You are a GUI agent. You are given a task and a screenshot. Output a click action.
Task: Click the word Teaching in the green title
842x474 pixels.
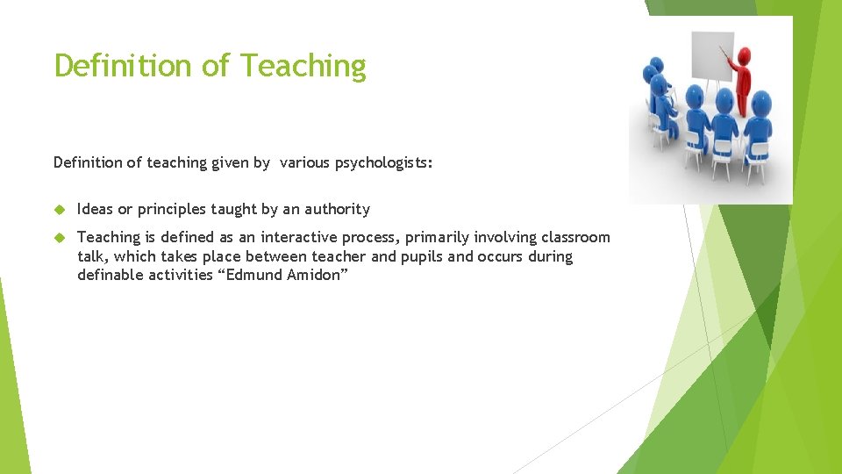303,67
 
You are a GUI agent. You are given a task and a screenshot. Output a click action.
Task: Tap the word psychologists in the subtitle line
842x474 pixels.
386,162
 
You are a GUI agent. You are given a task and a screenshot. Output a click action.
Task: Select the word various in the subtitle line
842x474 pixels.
306,162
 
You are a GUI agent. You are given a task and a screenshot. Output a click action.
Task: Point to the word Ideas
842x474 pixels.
95,209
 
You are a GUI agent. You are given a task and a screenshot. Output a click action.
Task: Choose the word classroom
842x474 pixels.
575,237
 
